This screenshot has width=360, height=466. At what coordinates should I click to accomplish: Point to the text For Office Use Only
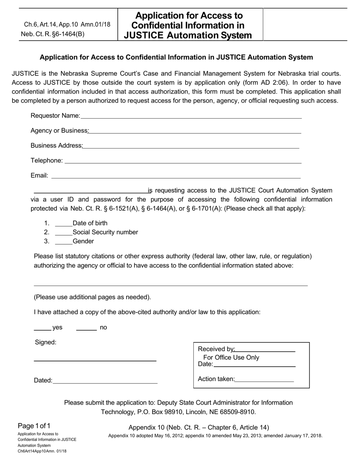point(231,357)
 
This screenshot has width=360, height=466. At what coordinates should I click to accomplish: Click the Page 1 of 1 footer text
point(34,425)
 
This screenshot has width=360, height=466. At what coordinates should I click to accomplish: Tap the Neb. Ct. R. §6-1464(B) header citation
point(53,34)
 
